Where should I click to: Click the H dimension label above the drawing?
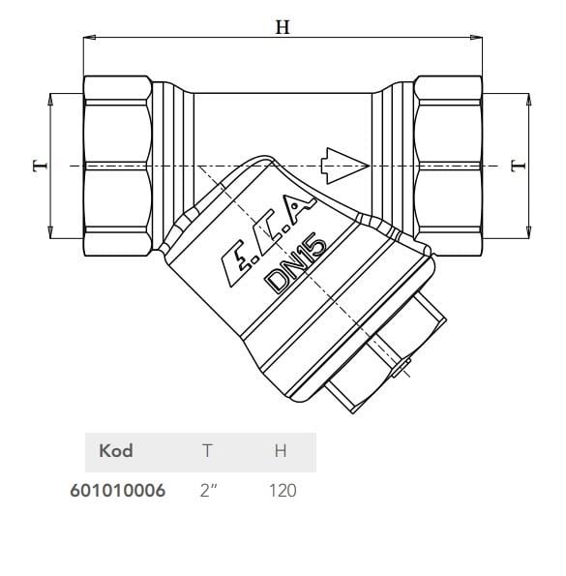(283, 27)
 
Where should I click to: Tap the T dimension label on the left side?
(41, 167)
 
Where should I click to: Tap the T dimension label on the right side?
(519, 167)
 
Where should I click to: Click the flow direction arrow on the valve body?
(344, 166)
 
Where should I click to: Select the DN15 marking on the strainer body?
(296, 265)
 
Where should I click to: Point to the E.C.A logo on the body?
(268, 241)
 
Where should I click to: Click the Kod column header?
(116, 451)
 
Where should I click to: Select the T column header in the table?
(207, 451)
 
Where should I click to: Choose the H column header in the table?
(281, 451)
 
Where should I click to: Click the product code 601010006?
(118, 491)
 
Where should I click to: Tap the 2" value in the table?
(208, 491)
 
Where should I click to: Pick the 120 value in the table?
(283, 491)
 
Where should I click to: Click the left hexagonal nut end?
(117, 167)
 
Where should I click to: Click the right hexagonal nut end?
(448, 167)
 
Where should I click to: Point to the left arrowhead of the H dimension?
(90, 37)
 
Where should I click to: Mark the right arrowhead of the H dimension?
(476, 37)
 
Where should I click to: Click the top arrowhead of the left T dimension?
(50, 100)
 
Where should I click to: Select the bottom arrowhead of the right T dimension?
(528, 232)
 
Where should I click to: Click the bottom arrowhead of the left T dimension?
(50, 232)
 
